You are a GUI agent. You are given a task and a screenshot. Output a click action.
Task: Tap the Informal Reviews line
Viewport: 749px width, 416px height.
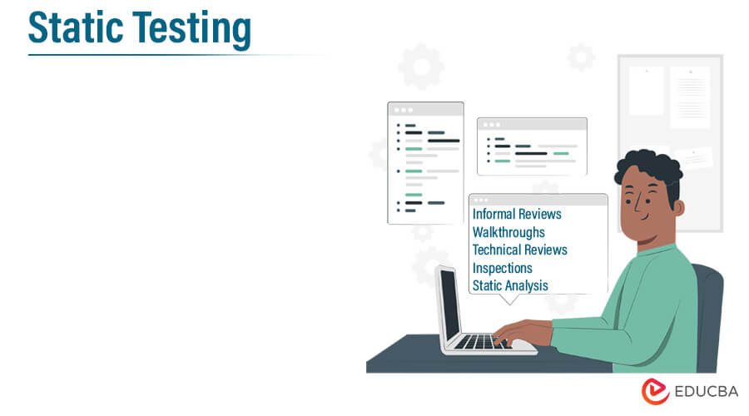[x=517, y=214]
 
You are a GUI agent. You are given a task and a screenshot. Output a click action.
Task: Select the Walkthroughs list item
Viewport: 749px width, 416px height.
[x=508, y=232]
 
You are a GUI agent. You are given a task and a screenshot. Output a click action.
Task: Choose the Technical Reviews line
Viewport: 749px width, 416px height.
[x=519, y=250]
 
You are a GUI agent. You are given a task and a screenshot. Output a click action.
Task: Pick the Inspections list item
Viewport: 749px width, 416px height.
[x=502, y=268]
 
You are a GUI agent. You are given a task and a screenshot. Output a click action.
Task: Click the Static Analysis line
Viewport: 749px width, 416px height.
[x=510, y=285]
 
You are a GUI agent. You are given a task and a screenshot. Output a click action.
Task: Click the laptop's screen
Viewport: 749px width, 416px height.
[x=449, y=304]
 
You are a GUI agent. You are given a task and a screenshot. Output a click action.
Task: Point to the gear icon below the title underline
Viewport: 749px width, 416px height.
[x=420, y=67]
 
